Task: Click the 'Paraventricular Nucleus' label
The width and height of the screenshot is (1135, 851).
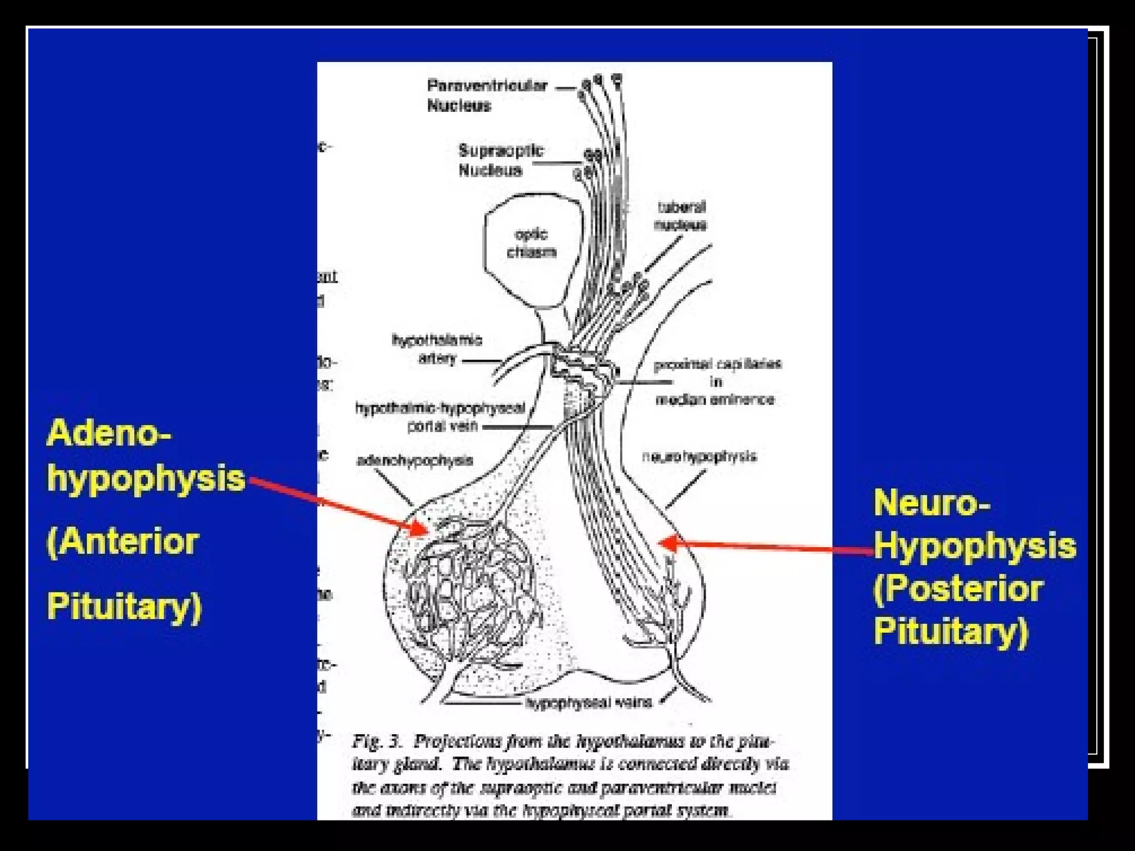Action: click(x=479, y=95)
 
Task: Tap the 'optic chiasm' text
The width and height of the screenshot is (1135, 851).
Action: click(x=531, y=243)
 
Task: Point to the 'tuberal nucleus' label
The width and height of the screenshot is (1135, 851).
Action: click(x=681, y=216)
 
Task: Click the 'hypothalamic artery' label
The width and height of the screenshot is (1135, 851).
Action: click(x=437, y=348)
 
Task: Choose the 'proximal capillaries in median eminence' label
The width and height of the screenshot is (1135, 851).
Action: click(x=717, y=382)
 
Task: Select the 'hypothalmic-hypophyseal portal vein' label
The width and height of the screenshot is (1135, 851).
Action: click(x=440, y=417)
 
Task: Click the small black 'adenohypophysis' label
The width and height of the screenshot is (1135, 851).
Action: click(x=415, y=460)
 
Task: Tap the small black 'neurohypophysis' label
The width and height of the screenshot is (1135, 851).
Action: click(x=699, y=457)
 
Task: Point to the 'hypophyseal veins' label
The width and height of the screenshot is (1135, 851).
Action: click(x=589, y=703)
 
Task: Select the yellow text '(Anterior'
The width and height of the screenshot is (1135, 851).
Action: click(x=122, y=541)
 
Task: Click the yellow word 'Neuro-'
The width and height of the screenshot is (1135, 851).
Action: click(x=932, y=503)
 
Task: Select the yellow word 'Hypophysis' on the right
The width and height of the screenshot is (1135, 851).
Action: click(x=975, y=546)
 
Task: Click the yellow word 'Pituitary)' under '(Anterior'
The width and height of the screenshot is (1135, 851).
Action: click(x=124, y=606)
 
